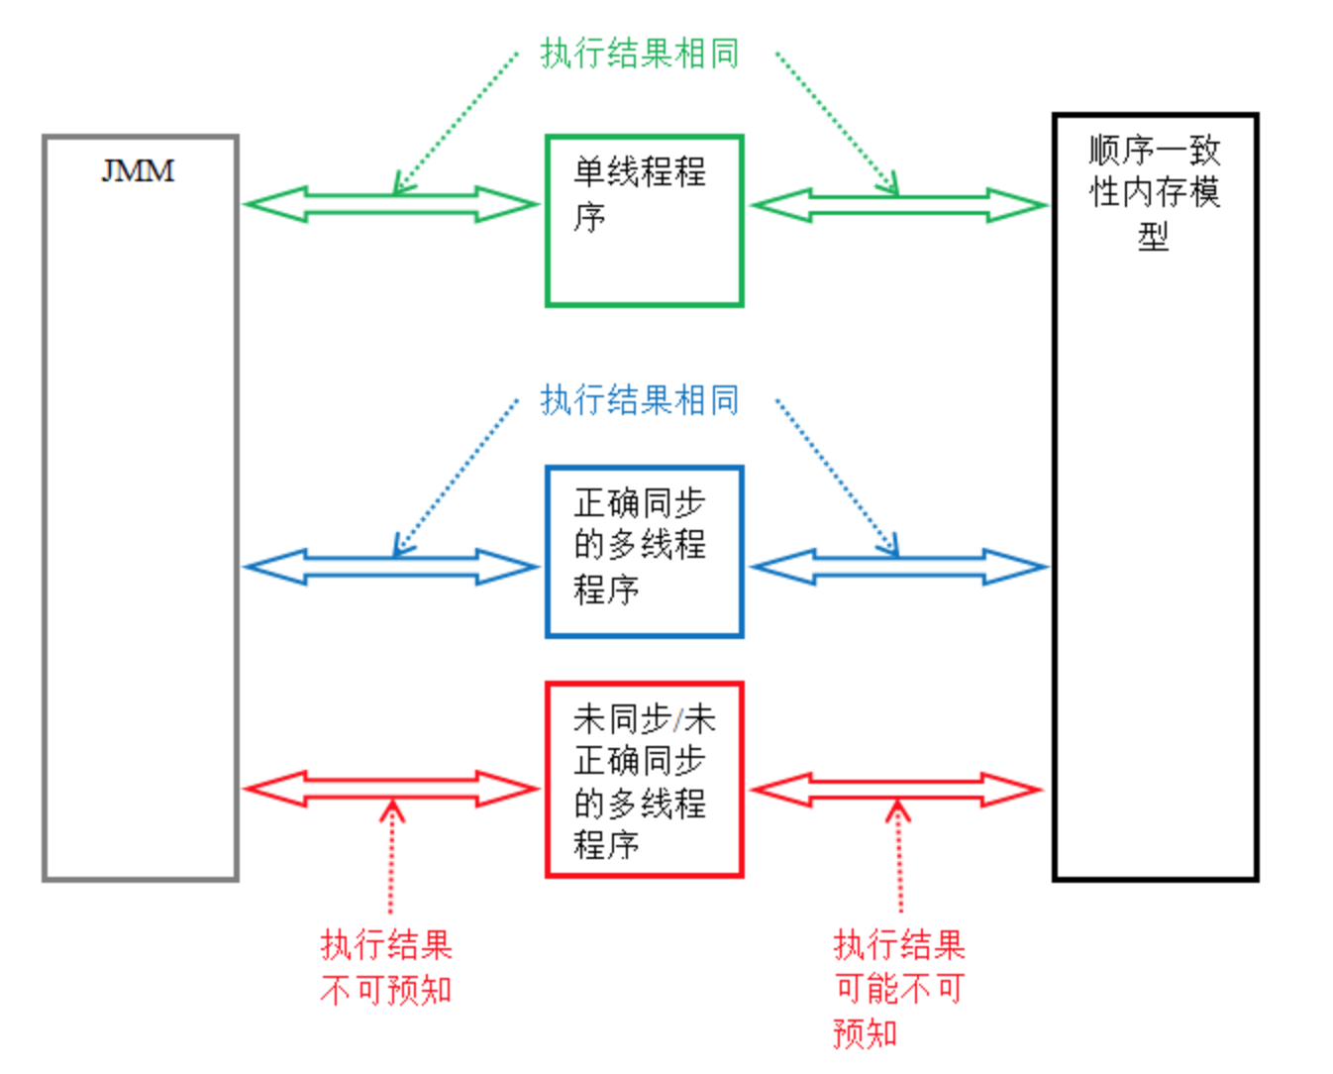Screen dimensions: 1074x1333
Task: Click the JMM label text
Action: (138, 171)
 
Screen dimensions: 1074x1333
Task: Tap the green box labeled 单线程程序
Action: (644, 221)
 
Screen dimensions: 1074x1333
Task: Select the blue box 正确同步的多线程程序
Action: (644, 551)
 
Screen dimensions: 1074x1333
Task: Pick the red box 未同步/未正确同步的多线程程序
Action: (644, 780)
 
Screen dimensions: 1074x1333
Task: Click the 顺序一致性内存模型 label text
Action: (1155, 192)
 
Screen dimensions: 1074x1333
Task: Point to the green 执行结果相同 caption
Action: (640, 54)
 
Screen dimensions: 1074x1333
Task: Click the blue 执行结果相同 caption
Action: (640, 400)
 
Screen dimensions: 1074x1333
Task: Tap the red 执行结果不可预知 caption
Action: (386, 967)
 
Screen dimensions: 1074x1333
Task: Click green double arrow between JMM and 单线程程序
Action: (390, 205)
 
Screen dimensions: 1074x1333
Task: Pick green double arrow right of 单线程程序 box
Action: (898, 205)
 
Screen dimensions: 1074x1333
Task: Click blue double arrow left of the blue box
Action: (390, 567)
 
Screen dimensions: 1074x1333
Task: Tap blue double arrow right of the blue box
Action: (898, 567)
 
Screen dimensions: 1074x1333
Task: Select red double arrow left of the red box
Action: (390, 790)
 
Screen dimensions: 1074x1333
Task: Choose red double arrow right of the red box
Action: (898, 790)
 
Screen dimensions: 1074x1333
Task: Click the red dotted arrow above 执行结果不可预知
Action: (392, 857)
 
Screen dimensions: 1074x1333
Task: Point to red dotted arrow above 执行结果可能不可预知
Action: (899, 857)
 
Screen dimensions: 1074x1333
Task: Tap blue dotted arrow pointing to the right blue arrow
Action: (837, 476)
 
